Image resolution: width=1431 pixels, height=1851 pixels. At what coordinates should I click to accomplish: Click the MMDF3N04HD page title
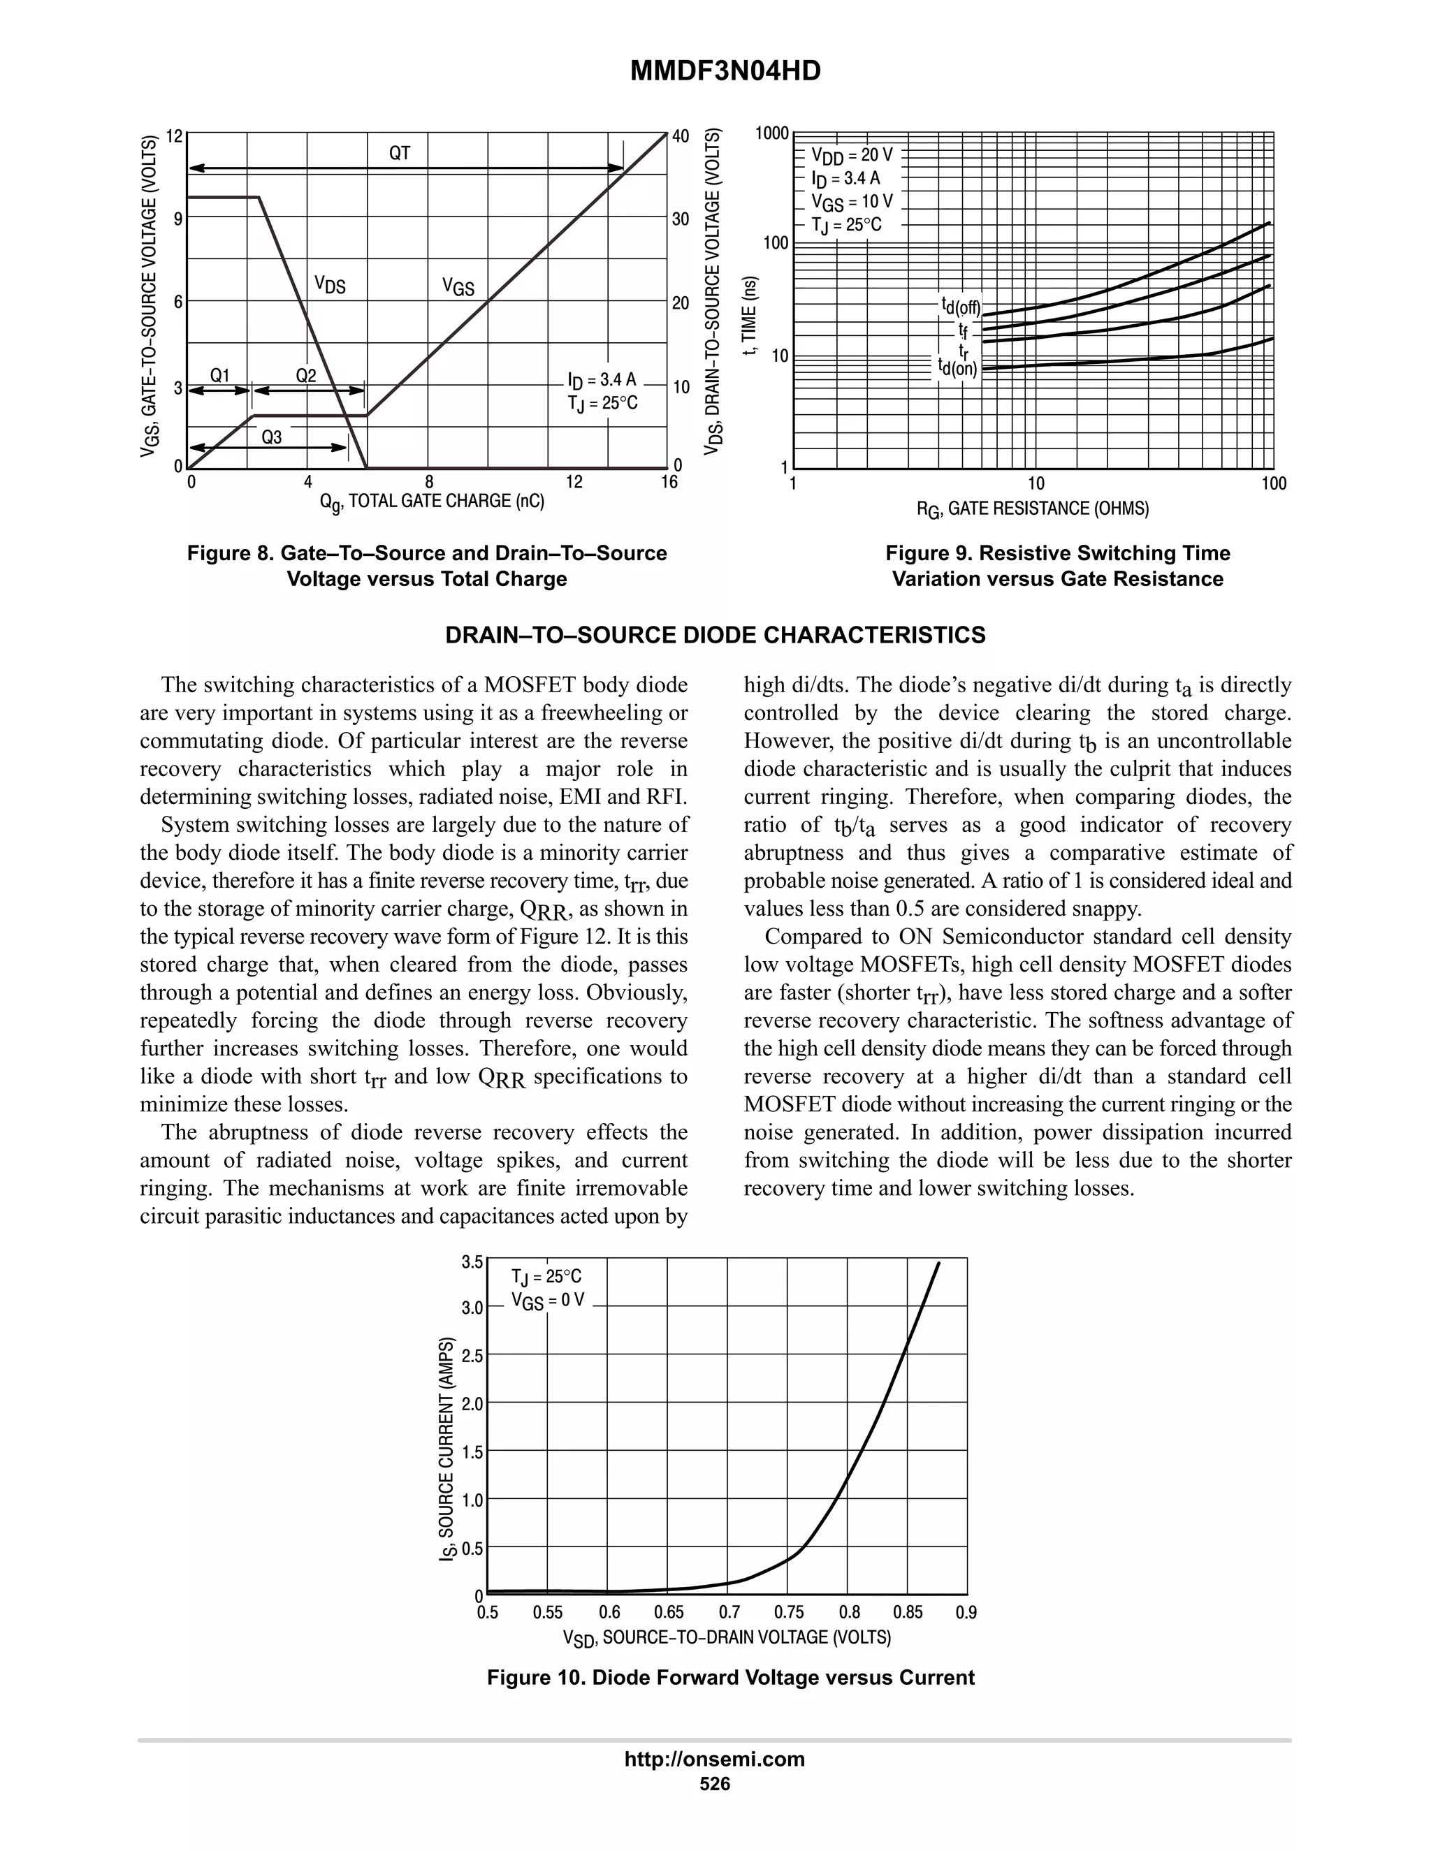point(725,71)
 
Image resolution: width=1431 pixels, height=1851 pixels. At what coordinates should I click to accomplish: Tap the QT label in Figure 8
point(399,154)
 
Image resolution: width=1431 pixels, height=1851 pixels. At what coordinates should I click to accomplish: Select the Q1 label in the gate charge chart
point(219,376)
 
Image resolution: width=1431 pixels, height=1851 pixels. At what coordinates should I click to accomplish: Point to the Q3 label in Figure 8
point(270,437)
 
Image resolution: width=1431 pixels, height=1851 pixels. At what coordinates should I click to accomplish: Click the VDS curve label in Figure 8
point(330,284)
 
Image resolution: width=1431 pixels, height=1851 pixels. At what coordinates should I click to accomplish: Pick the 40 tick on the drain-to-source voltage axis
point(681,136)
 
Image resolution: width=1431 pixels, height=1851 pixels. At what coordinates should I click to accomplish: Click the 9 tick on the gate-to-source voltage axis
point(177,219)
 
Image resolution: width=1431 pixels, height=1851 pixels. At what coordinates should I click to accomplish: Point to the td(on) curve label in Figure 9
point(957,368)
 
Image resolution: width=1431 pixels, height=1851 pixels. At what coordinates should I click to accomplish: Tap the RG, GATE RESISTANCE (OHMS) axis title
point(1032,509)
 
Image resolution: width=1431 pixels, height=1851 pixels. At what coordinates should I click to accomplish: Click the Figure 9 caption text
point(1057,566)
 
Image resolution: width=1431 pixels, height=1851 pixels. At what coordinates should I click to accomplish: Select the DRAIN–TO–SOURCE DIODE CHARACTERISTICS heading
point(715,636)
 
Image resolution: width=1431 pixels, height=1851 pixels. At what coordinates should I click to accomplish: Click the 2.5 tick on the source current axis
point(472,1356)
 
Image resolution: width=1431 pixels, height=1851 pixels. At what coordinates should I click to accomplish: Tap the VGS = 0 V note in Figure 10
point(548,1301)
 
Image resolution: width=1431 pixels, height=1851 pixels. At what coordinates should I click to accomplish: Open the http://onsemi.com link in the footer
point(714,1759)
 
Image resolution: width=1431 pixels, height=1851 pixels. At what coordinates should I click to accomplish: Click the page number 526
point(714,1784)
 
